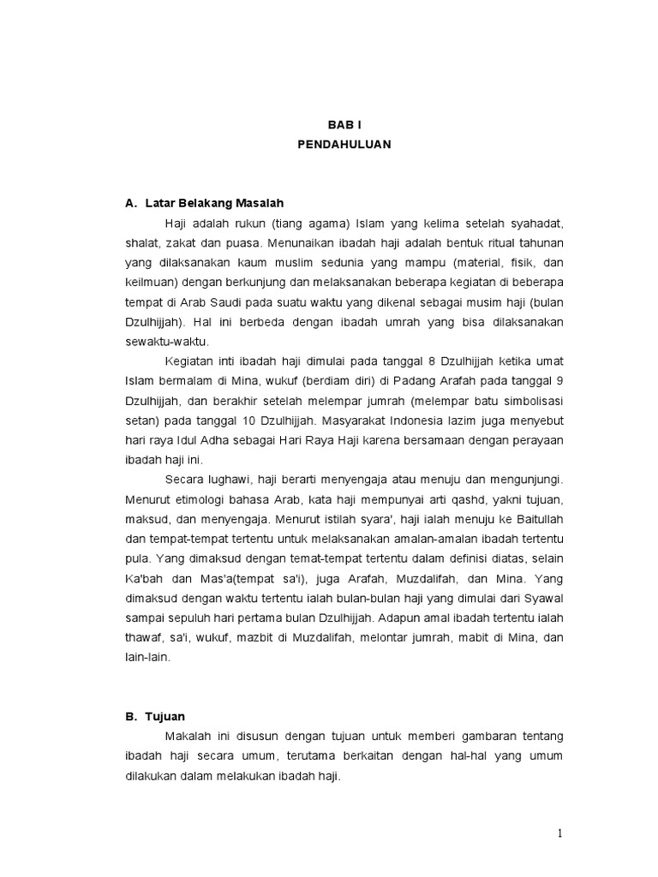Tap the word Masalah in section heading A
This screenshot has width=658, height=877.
click(256, 203)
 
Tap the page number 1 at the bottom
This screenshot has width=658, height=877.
click(559, 833)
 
